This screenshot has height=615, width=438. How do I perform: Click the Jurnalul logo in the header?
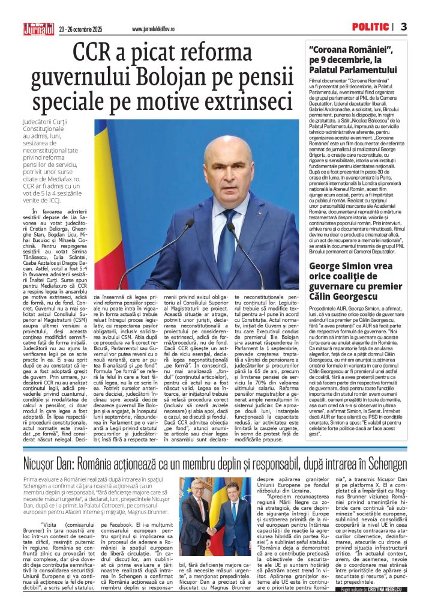pos(38,28)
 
